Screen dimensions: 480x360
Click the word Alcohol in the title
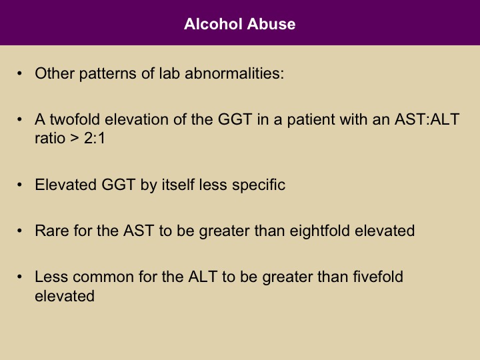click(x=213, y=24)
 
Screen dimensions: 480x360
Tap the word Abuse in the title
click(x=271, y=24)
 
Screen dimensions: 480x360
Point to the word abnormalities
click(x=235, y=73)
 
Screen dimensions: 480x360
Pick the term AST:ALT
click(x=427, y=119)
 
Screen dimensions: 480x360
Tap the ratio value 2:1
click(x=95, y=139)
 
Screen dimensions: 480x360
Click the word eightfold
click(x=319, y=231)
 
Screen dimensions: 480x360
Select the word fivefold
click(x=378, y=277)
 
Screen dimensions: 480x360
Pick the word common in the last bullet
click(x=103, y=277)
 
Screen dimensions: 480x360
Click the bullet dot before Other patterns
click(x=19, y=73)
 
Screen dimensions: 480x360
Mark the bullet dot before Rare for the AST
click(x=19, y=231)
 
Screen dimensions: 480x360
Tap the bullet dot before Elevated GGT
click(x=19, y=185)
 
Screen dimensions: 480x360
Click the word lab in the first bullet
click(x=169, y=73)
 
